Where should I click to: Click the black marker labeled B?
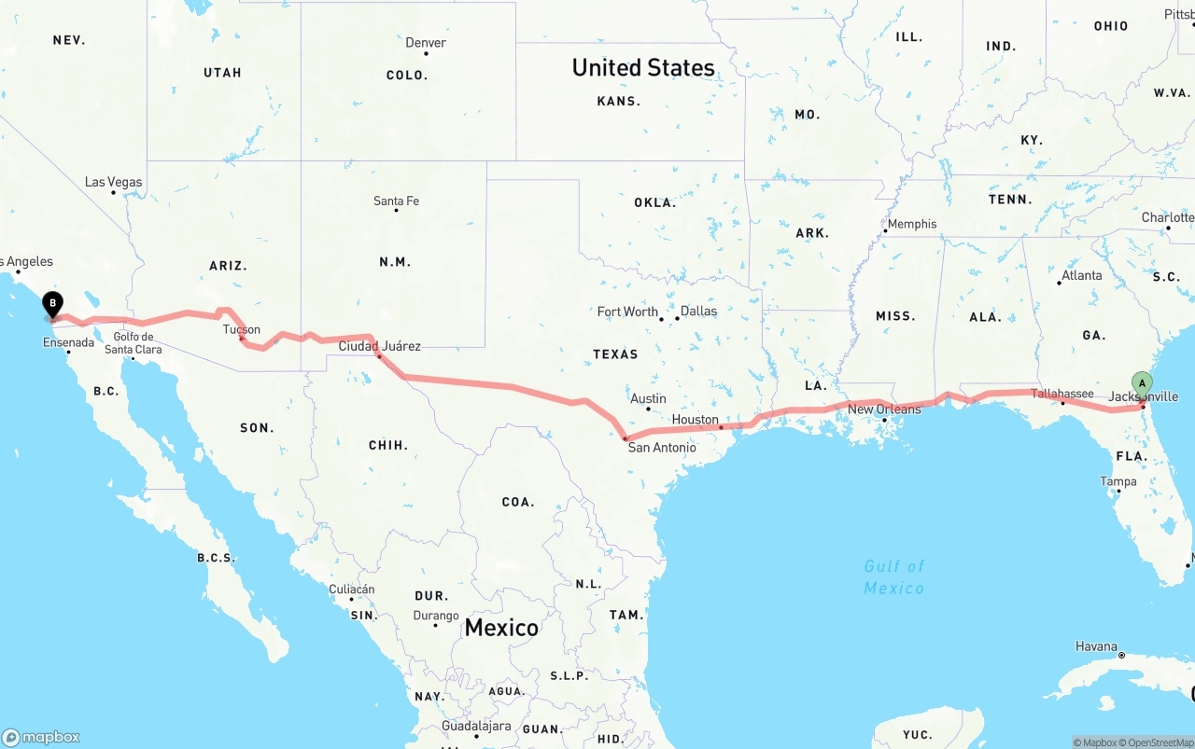pos(53,303)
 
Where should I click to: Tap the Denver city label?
pos(425,43)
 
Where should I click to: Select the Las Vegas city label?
pos(113,182)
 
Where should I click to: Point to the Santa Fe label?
pos(396,201)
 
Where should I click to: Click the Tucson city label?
pos(242,329)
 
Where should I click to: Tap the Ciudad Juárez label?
pos(379,346)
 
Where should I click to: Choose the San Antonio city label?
pos(662,448)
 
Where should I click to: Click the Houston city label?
pos(696,420)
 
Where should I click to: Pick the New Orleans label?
pos(884,409)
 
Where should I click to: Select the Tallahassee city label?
pos(1062,394)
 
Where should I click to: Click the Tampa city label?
pos(1118,481)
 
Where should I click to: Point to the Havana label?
pos(1096,646)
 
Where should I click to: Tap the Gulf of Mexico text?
pos(893,577)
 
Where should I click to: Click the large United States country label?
pos(643,67)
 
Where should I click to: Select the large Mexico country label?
pos(501,628)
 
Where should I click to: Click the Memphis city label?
pos(912,224)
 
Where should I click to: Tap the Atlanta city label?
pos(1081,275)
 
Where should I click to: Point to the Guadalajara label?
pos(476,726)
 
